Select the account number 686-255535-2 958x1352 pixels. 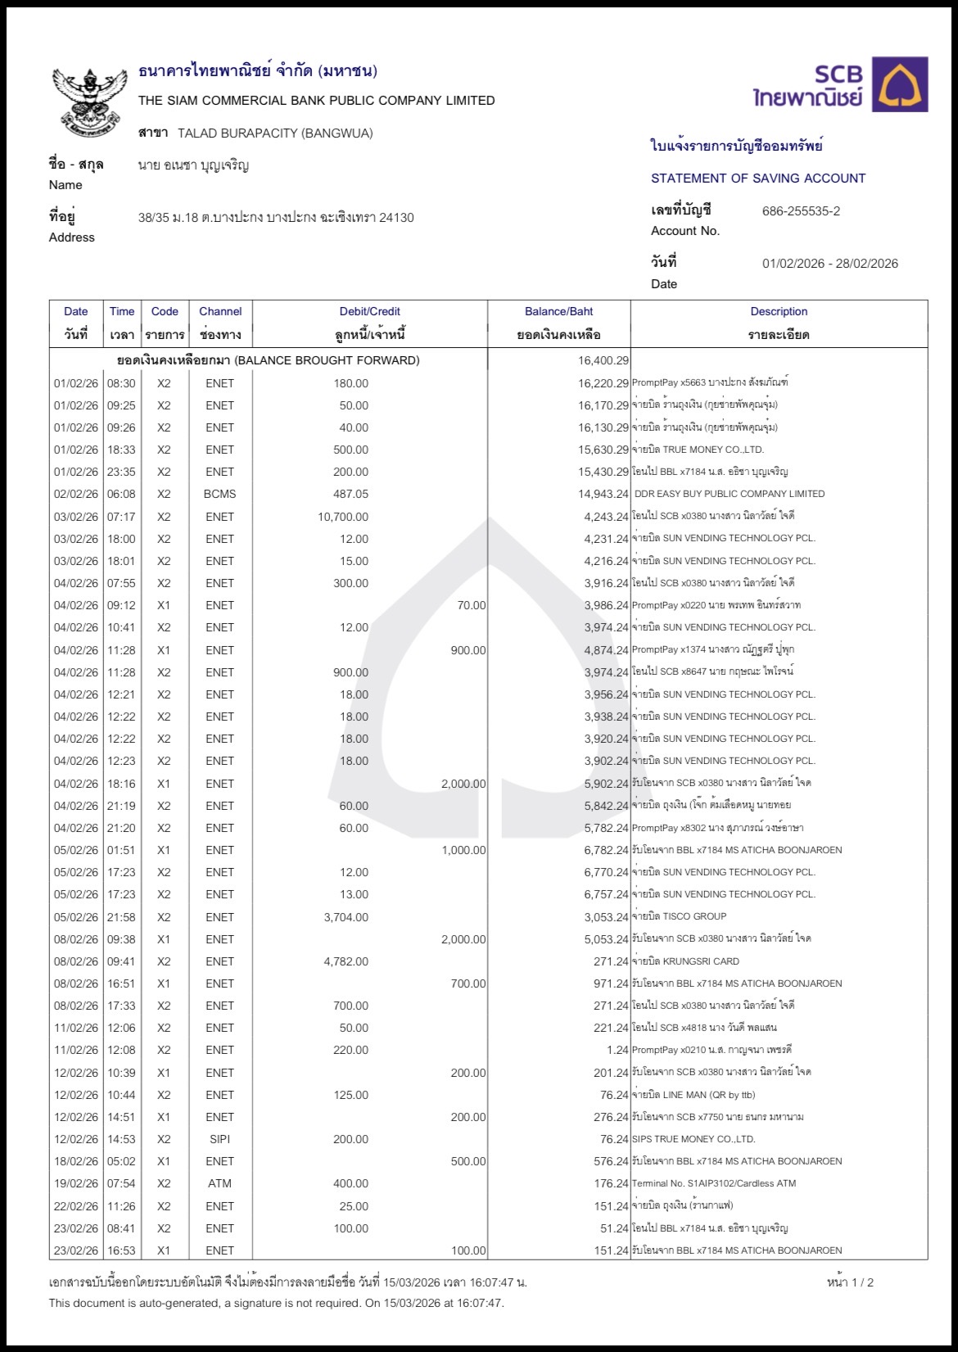pos(801,211)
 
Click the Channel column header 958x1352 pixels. pos(220,312)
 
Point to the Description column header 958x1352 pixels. pos(779,312)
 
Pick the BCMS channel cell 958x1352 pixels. pos(219,494)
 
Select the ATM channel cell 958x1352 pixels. pos(219,1183)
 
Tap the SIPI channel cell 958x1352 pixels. pos(219,1139)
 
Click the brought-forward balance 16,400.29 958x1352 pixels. pos(603,360)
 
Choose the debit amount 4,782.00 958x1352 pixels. pos(346,961)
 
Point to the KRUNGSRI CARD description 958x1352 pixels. pos(700,961)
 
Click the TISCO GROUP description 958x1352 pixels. pos(694,916)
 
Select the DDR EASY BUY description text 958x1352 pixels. pos(730,494)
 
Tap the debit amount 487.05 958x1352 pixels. pos(350,494)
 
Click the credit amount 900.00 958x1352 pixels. pos(468,650)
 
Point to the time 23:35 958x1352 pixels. pos(121,472)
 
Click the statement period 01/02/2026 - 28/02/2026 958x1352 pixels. pos(829,264)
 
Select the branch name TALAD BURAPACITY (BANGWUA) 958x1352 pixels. pos(275,133)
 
